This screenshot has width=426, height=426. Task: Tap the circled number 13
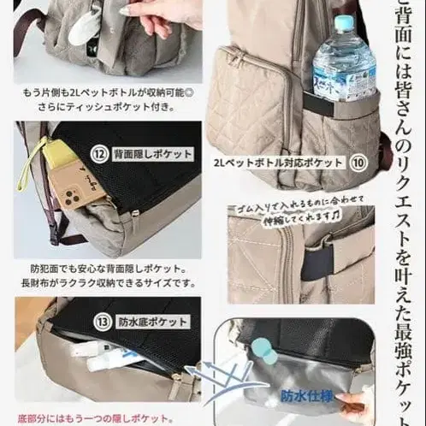[103, 322]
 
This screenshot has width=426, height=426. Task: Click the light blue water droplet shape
[268, 352]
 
